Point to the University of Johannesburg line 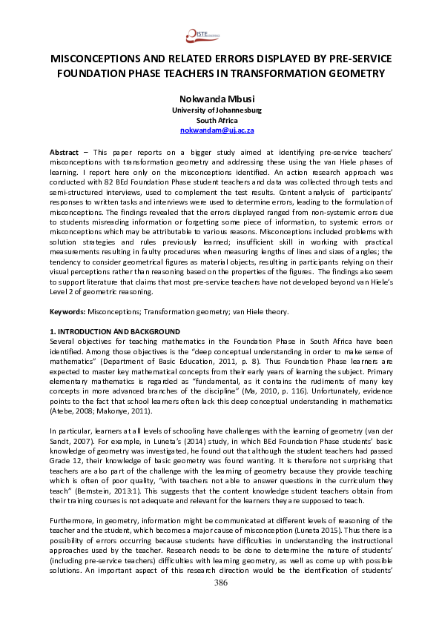point(221,110)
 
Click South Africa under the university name point(221,120)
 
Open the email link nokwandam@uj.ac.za point(221,130)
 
